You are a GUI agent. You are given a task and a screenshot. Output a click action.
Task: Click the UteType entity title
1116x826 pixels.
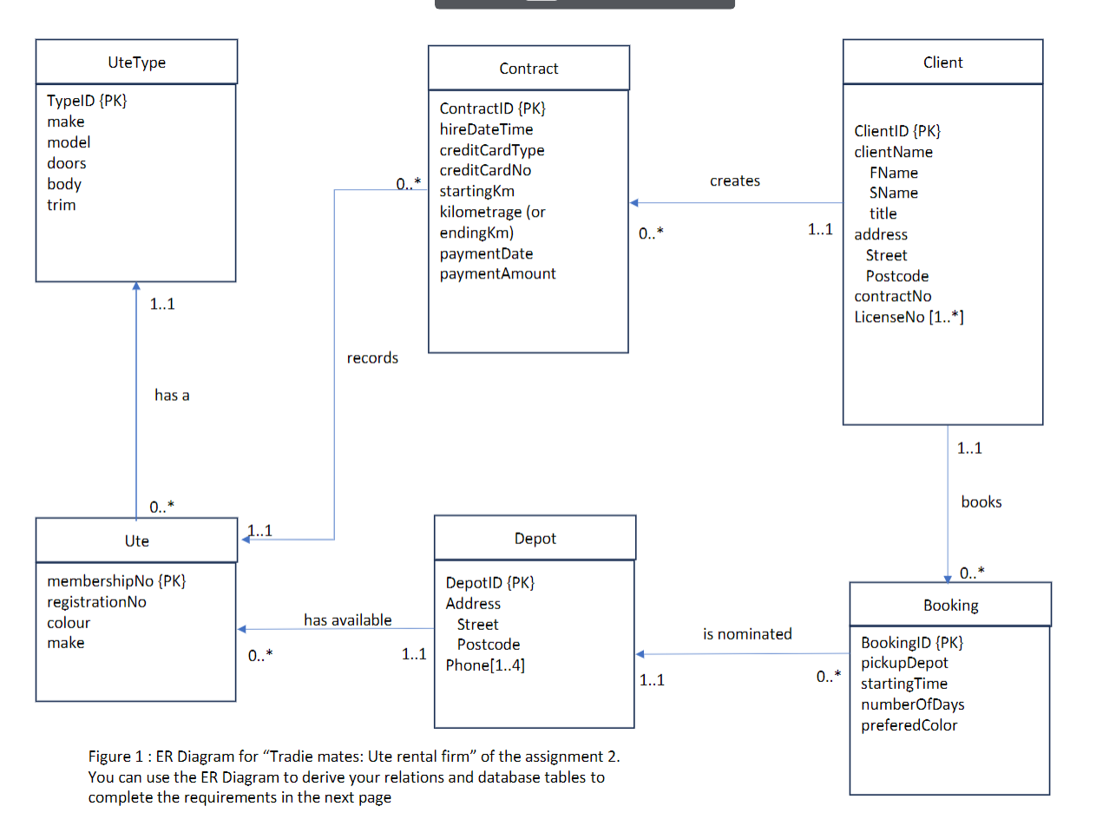coord(136,62)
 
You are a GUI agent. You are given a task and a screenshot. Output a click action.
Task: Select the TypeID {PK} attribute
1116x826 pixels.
coord(87,101)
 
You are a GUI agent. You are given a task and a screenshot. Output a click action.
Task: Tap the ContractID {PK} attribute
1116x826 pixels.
coord(492,108)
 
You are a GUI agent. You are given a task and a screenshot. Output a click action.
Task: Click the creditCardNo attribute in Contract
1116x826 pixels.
coord(485,171)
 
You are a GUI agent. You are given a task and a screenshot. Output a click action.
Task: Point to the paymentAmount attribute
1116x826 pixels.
coord(497,273)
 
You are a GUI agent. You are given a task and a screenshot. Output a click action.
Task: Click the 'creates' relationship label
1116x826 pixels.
coord(734,180)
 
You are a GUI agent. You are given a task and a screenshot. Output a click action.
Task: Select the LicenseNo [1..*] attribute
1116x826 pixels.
coord(909,318)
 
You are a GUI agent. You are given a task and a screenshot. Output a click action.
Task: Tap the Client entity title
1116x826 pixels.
coord(942,62)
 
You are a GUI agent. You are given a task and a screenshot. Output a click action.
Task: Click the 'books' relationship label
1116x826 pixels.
coord(981,502)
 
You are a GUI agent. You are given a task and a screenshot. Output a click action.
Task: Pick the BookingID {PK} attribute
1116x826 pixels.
coord(911,643)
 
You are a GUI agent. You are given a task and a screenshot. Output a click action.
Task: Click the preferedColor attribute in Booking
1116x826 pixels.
coord(909,725)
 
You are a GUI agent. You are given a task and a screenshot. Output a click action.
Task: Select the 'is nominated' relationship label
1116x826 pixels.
coord(747,634)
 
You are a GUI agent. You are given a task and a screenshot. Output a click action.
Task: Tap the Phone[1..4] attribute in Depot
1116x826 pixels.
coord(485,665)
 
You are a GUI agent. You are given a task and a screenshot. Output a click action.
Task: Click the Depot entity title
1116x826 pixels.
coord(535,539)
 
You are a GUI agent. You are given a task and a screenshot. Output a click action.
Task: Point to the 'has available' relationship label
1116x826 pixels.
coord(347,620)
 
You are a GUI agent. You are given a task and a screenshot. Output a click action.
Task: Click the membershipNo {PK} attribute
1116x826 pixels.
coord(116,581)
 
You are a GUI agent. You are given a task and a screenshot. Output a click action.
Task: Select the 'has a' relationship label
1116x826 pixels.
coord(172,396)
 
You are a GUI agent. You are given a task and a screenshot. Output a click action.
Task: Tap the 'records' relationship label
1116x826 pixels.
coord(372,358)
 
